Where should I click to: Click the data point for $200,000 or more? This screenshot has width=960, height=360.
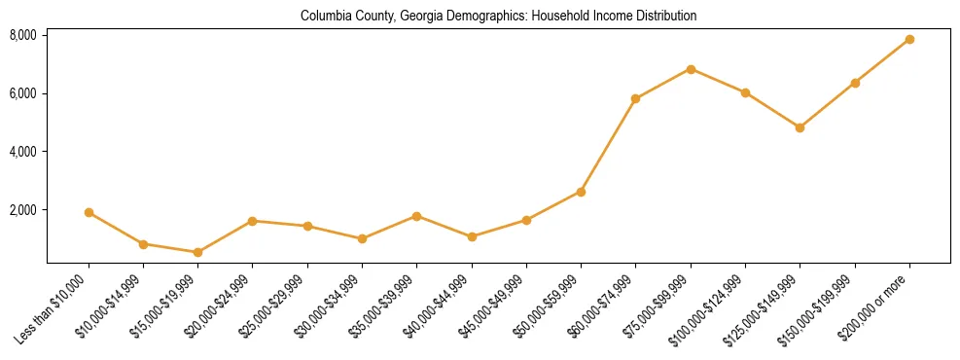coord(909,39)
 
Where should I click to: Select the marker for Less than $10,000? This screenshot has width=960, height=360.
coord(89,212)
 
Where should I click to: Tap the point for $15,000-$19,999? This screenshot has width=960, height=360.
coord(197,252)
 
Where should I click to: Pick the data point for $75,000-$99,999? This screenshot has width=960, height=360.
coord(691,69)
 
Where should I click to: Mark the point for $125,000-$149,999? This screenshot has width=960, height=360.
coord(800,127)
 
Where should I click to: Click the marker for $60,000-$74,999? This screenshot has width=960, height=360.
coord(635,98)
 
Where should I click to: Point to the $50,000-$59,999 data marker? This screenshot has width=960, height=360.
coord(581,192)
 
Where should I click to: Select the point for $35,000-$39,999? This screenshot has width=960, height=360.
coord(416,216)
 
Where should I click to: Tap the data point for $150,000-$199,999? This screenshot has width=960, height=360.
coord(855,83)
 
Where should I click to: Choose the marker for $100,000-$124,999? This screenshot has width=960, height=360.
coord(745,92)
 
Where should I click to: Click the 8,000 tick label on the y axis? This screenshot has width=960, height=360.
coord(23,35)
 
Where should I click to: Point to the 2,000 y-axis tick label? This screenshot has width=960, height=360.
coord(23,210)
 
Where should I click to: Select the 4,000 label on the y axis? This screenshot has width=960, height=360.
coord(23,152)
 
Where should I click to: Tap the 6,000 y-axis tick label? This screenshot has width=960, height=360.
coord(23,93)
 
